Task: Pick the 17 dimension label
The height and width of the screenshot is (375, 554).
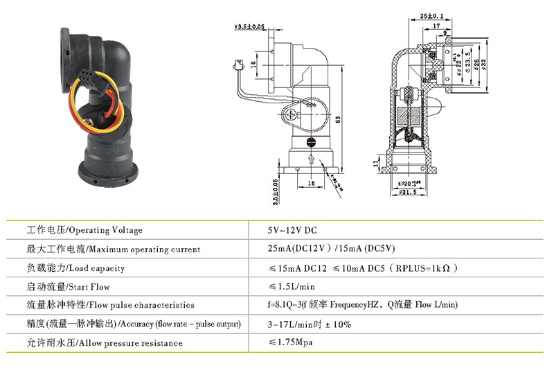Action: point(435,26)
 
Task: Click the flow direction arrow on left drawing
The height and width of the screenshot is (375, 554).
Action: point(311,162)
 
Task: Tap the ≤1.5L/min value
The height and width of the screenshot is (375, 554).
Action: point(292,286)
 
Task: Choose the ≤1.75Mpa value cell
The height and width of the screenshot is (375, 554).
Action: point(295,342)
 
